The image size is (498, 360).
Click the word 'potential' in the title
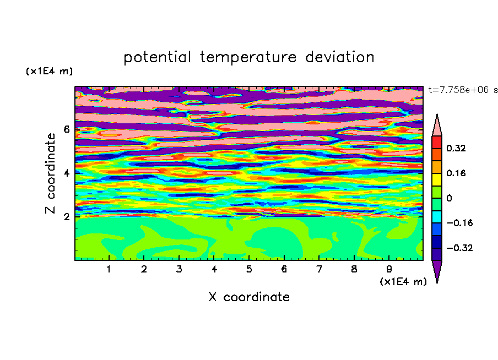tap(157, 58)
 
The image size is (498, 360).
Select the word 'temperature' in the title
tap(248, 57)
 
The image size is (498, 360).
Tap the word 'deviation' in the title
tap(340, 57)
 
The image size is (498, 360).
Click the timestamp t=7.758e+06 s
tap(463, 90)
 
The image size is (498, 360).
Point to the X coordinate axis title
tap(249, 297)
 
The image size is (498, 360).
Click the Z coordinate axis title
tap(51, 173)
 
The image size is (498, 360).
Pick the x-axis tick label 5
tap(249, 269)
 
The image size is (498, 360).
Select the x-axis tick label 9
tap(389, 269)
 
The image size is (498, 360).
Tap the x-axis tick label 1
tap(109, 269)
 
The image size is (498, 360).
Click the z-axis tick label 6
tap(66, 129)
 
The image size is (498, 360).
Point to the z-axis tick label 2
tap(66, 217)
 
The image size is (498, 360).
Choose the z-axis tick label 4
tap(66, 173)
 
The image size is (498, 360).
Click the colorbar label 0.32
tap(456, 148)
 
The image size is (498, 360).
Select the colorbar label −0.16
tap(459, 223)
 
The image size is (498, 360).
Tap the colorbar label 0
tap(449, 198)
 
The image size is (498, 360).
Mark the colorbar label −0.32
tap(459, 248)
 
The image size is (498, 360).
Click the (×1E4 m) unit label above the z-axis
tap(49, 71)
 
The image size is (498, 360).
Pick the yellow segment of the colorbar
tap(437, 179)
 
